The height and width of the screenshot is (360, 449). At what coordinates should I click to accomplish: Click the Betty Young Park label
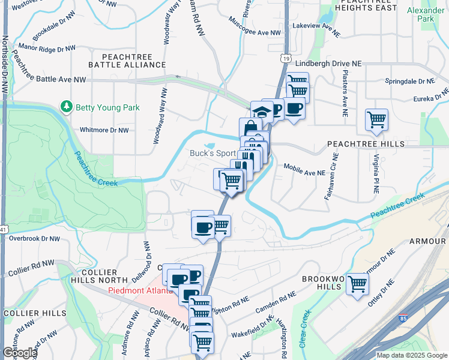point(107,108)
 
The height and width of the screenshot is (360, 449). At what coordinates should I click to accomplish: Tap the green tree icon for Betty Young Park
point(66,107)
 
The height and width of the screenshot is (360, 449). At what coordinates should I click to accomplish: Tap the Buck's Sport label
point(212,153)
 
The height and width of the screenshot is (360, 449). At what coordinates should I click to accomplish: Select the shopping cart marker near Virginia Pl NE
point(376,119)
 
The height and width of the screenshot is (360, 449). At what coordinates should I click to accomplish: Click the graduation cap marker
point(262,111)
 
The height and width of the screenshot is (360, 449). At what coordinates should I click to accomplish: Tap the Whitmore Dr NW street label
point(104,130)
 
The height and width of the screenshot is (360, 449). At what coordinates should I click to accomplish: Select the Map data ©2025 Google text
point(411,355)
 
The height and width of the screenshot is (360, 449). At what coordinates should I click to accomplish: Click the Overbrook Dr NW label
point(34,238)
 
